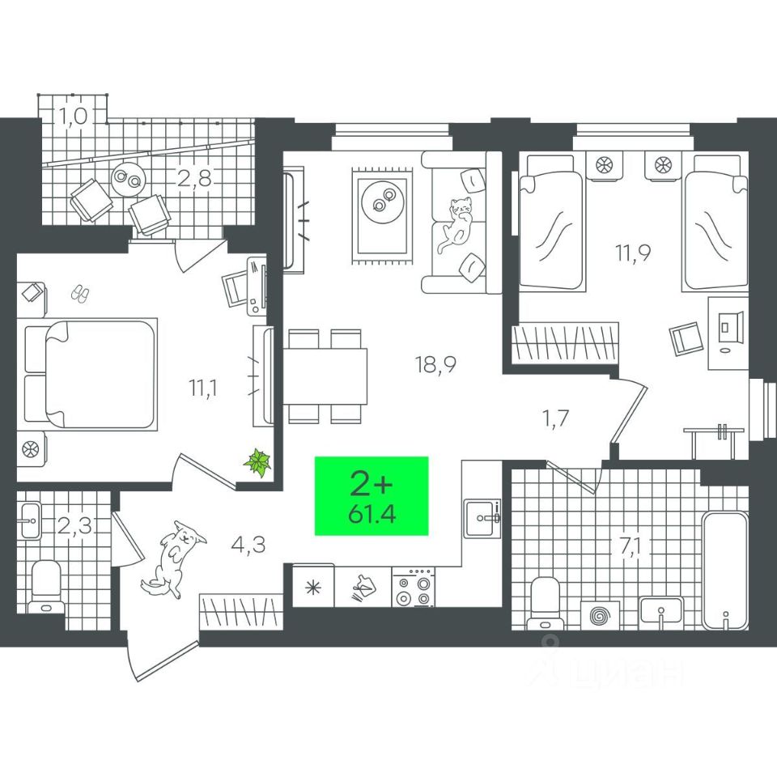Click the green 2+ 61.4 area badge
(x=372, y=496)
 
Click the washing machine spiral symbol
(x=600, y=614)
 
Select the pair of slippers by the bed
(x=79, y=293)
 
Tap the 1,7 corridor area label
(x=556, y=419)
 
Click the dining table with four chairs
(x=325, y=375)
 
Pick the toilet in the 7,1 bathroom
(x=543, y=601)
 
